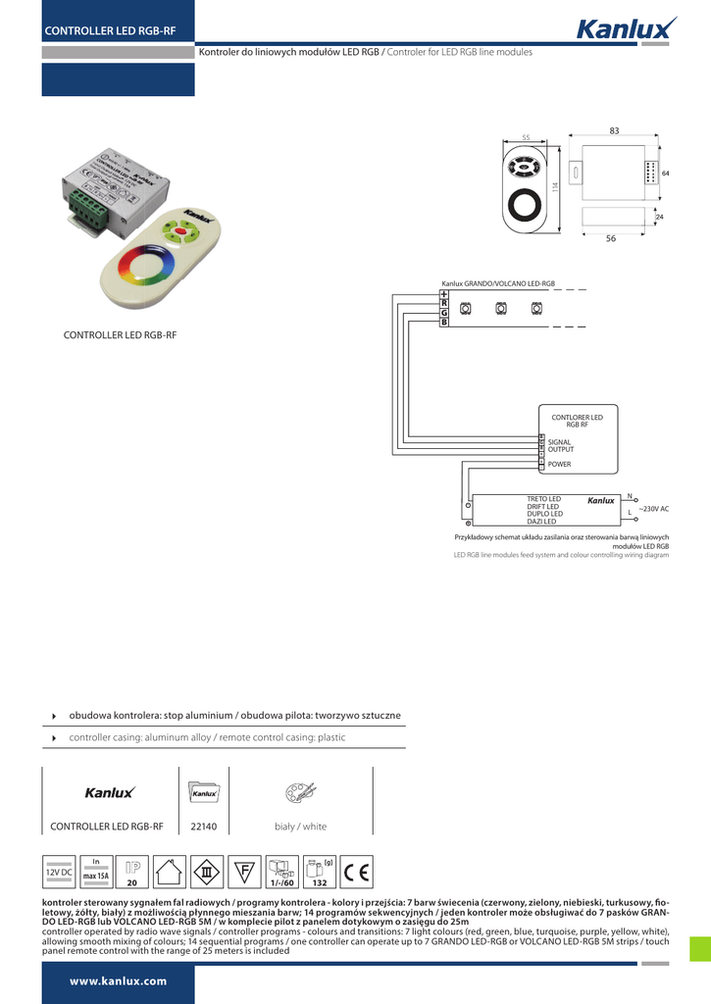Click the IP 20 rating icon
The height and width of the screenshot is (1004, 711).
(132, 870)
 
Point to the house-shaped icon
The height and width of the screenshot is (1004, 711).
(170, 870)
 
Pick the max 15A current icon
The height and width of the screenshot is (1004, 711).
(96, 870)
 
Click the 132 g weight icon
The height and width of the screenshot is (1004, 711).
(319, 870)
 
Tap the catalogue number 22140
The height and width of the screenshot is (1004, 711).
(203, 827)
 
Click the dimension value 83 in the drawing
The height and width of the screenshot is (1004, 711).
(614, 131)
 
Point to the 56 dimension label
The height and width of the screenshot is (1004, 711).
(610, 239)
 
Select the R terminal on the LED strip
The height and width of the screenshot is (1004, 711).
(444, 303)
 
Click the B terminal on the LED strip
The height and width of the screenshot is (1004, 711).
(444, 322)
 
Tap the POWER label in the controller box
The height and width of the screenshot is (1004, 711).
(559, 464)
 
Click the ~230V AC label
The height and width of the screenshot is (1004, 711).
(653, 510)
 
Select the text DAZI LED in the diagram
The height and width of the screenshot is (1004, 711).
(541, 522)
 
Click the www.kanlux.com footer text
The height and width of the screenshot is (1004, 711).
(118, 980)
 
